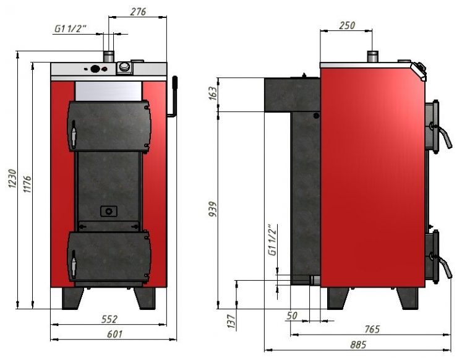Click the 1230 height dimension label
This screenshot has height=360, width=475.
coord(12,179)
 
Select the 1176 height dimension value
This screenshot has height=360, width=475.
coord(27,184)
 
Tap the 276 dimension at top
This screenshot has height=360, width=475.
coord(138,12)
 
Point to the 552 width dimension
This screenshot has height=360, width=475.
coord(109,319)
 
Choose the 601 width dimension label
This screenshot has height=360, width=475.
coord(115,333)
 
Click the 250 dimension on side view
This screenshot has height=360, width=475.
coord(347,25)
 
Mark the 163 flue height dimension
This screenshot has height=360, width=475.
coord(213,94)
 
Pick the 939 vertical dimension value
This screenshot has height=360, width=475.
coord(213,209)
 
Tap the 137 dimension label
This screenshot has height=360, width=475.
coord(231,322)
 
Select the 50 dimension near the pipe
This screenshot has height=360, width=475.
coord(292,315)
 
